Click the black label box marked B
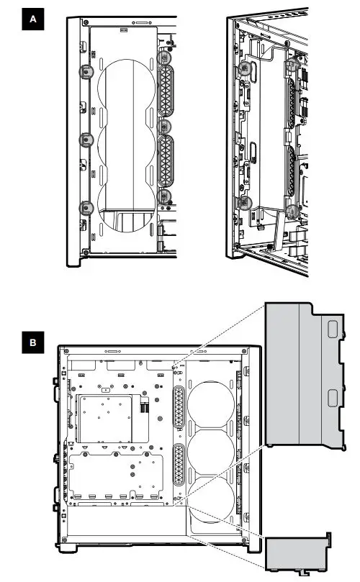coord(32,343)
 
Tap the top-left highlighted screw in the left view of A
coord(85,71)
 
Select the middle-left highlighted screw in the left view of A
coord(85,138)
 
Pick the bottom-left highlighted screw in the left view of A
coord(85,207)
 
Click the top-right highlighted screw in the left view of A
coord(165,57)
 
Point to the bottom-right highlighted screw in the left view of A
coord(165,195)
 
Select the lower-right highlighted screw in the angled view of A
coord(292,211)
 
